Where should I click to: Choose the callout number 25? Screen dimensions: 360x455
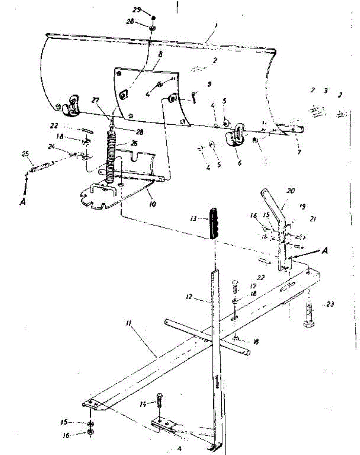(x=26, y=154)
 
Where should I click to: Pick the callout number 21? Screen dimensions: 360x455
(x=313, y=219)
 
